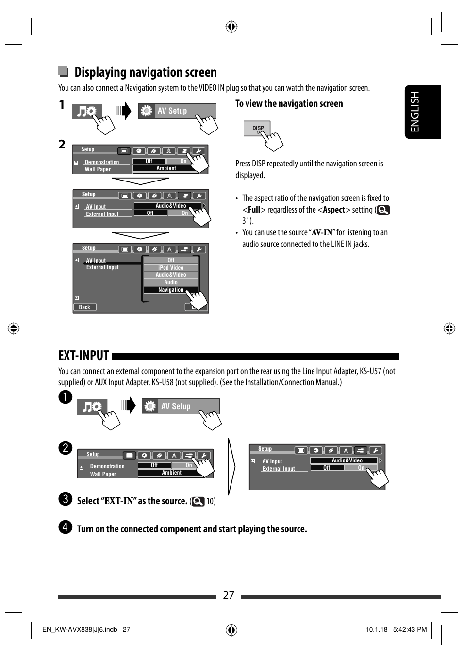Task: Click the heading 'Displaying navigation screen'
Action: pos(145,72)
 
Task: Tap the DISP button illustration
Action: pos(257,129)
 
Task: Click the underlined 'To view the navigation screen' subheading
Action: pos(289,104)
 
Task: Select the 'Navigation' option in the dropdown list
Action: pos(170,290)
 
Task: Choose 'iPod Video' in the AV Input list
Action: pos(170,268)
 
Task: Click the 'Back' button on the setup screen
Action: pos(84,307)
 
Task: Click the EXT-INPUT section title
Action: pos(83,356)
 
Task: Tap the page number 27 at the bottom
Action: pos(229,595)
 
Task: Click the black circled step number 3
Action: pos(65,499)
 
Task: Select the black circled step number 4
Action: pos(65,527)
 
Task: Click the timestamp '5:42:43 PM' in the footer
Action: pos(410,629)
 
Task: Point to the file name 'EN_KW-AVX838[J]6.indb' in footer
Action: pos(80,629)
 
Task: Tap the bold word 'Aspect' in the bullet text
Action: pos(334,210)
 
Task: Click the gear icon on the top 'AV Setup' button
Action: pos(147,111)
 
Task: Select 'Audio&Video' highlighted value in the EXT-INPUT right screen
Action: pos(347,460)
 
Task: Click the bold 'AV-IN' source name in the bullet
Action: pos(322,232)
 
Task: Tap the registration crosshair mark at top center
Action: pos(231,27)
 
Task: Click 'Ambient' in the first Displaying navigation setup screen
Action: pos(166,168)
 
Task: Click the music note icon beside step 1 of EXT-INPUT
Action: pos(88,407)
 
